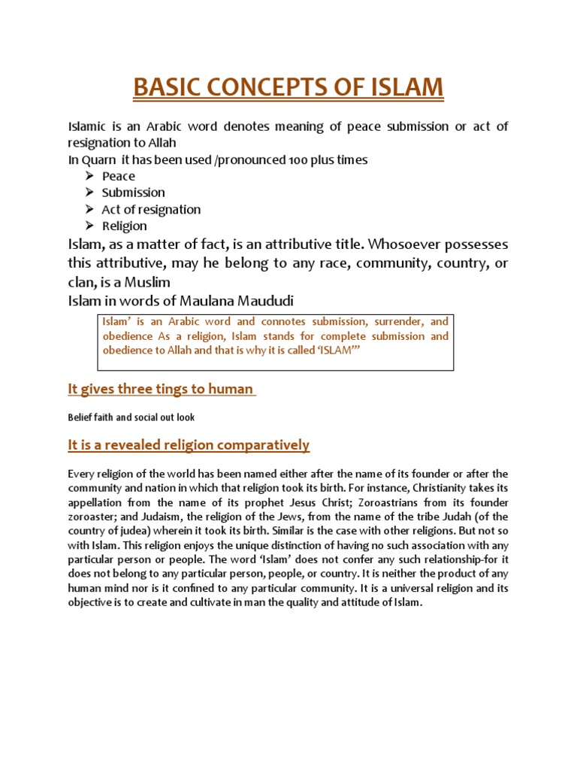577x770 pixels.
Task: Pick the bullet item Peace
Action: click(119, 176)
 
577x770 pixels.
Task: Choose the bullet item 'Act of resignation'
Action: click(151, 209)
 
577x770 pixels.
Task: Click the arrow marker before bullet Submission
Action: click(89, 192)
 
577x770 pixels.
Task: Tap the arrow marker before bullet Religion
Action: click(89, 226)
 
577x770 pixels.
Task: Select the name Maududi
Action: click(261, 301)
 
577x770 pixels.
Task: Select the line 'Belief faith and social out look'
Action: click(131, 416)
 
